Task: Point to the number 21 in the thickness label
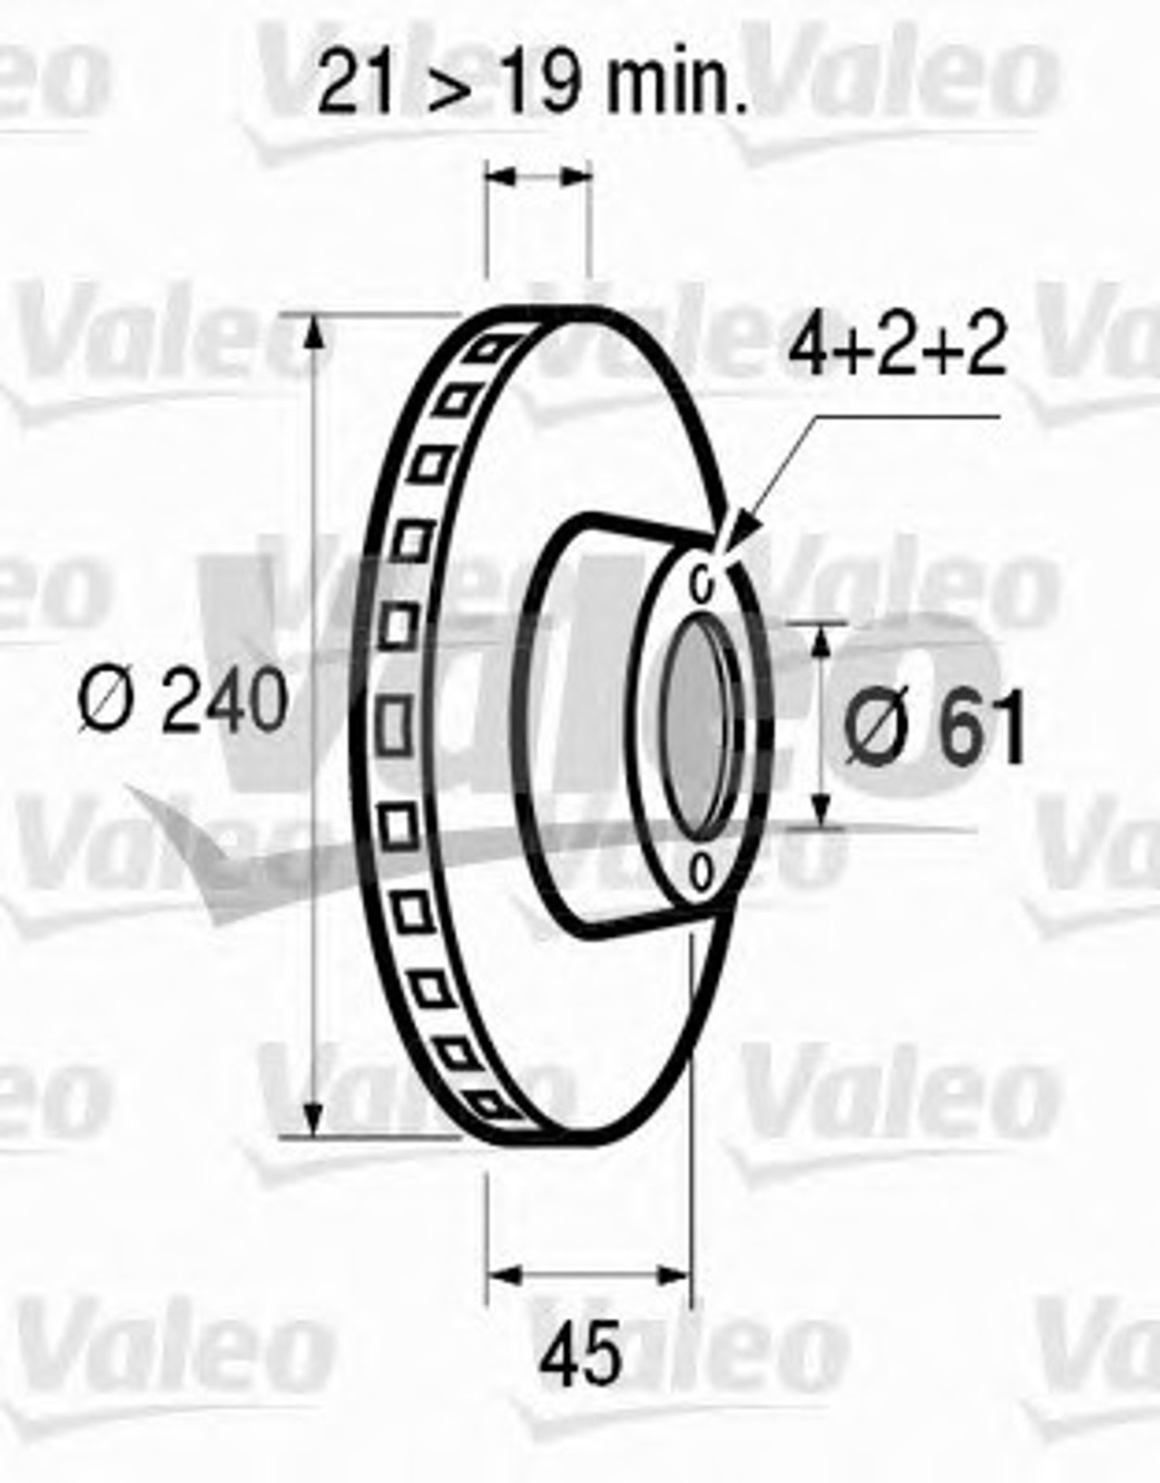(355, 81)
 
